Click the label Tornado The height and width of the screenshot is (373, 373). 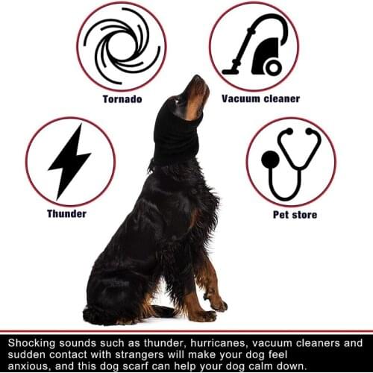coord(122,98)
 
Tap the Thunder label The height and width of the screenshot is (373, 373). coord(66,214)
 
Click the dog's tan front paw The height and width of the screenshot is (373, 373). coord(218,304)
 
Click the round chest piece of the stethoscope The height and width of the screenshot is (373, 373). coord(269,159)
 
